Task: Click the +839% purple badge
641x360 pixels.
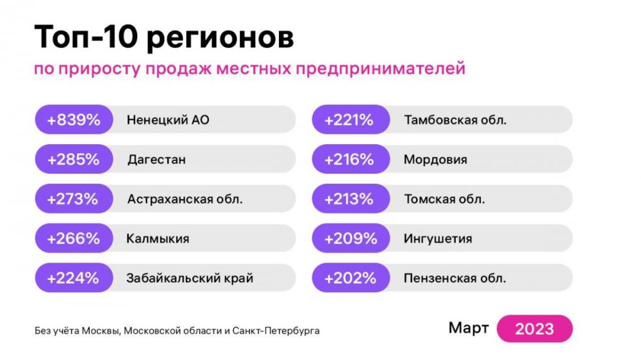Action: point(73,120)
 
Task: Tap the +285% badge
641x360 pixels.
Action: point(73,160)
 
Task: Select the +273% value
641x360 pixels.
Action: point(73,199)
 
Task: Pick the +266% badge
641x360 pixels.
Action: point(73,239)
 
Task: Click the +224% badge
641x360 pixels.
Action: point(73,278)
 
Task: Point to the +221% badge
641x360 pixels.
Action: point(349,120)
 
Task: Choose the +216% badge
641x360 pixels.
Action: point(349,160)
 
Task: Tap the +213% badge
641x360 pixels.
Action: point(349,199)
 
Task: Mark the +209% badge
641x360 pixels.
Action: point(349,239)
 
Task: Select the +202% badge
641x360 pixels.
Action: point(349,278)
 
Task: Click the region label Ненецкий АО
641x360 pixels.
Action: point(168,120)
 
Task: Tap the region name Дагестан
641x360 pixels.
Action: point(156,160)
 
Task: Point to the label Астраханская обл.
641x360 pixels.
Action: point(185,199)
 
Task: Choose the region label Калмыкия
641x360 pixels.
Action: point(158,239)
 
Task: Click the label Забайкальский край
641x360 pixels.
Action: point(190,279)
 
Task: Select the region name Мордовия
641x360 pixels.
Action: point(435,160)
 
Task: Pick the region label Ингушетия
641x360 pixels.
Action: point(438,239)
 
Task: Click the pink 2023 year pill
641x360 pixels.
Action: point(534,329)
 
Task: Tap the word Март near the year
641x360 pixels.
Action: point(469,329)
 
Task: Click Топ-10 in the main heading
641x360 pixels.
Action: point(85,38)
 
